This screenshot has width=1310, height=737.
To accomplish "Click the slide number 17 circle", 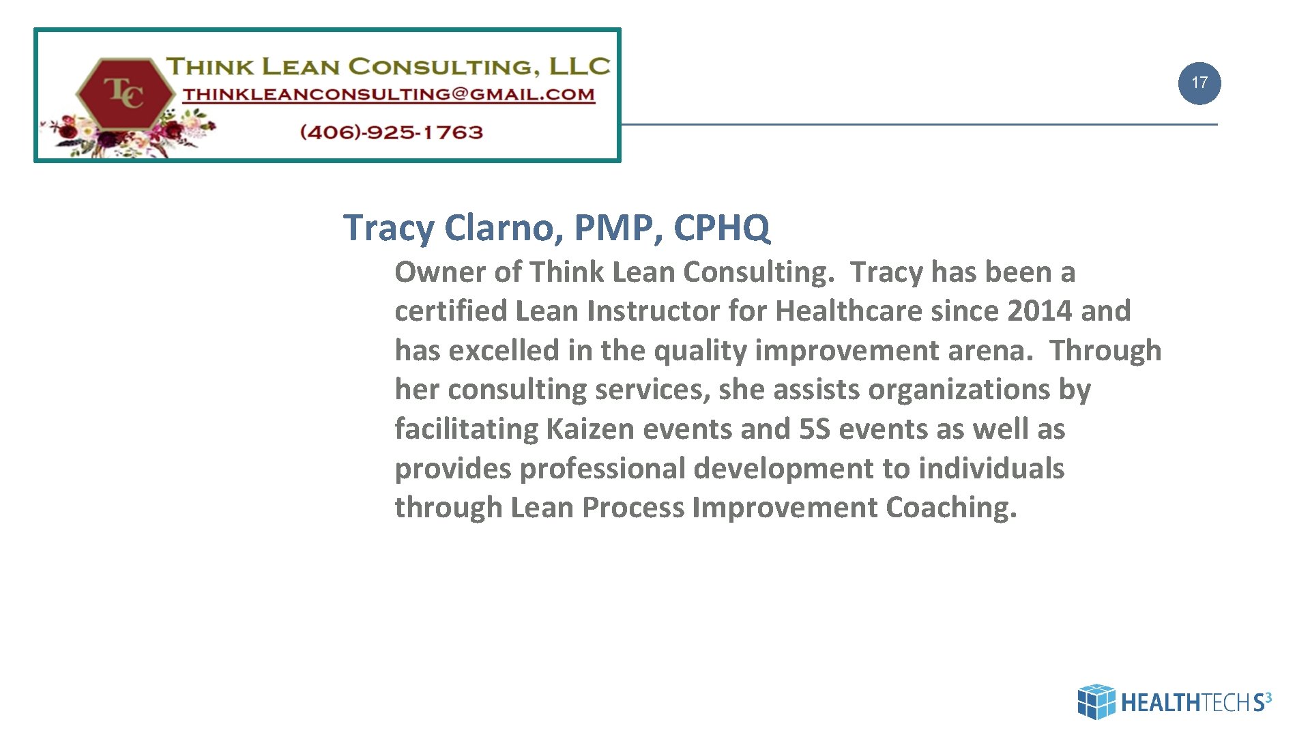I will (x=1199, y=83).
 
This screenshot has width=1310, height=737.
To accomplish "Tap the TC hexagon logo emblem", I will (x=125, y=93).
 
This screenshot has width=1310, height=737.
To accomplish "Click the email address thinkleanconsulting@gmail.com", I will (x=388, y=95).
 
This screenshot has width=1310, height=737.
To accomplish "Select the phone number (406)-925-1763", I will (x=391, y=132).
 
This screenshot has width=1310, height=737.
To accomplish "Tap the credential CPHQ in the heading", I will (x=721, y=227).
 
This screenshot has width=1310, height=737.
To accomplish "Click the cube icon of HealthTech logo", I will (x=1096, y=702).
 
